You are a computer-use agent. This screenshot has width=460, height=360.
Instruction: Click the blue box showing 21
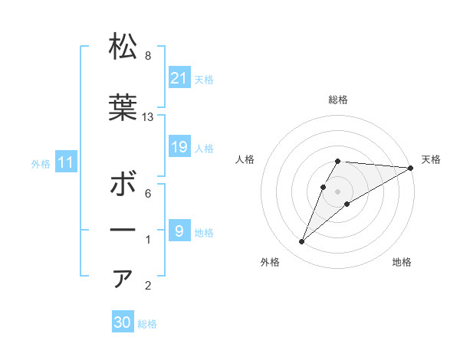click(179, 78)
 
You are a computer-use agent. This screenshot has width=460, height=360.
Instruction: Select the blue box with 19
click(179, 147)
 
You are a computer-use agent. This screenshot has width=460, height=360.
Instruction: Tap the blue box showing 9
click(179, 231)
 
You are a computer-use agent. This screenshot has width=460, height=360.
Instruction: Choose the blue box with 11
click(65, 162)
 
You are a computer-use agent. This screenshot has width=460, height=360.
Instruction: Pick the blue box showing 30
click(123, 323)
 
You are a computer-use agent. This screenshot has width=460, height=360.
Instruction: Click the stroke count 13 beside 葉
click(148, 117)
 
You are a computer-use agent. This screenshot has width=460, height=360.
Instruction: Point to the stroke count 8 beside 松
click(148, 56)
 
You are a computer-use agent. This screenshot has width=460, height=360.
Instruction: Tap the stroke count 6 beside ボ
click(148, 194)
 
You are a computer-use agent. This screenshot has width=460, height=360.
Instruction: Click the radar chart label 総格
click(337, 100)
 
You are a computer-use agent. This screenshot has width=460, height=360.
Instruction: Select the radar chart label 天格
click(431, 159)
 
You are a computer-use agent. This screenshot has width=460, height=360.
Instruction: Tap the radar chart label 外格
click(270, 262)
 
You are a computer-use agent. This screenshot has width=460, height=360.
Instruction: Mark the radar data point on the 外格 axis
click(302, 241)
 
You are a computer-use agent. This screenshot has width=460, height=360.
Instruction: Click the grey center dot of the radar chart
click(337, 191)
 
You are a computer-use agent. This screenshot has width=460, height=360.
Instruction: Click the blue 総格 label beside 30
click(147, 324)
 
